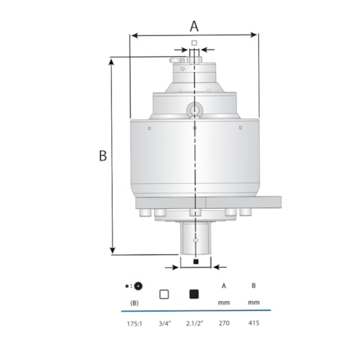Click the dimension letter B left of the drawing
click(102, 156)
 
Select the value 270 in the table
click(224, 321)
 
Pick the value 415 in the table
click(254, 321)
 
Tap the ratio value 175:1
click(135, 321)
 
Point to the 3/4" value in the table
click(164, 321)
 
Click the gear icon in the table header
click(138, 286)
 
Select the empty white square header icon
click(164, 295)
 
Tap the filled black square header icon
click(194, 295)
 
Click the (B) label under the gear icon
click(135, 303)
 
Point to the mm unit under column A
click(224, 303)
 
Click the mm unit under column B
click(254, 303)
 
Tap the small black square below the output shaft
click(195, 261)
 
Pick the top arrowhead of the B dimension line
click(114, 61)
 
